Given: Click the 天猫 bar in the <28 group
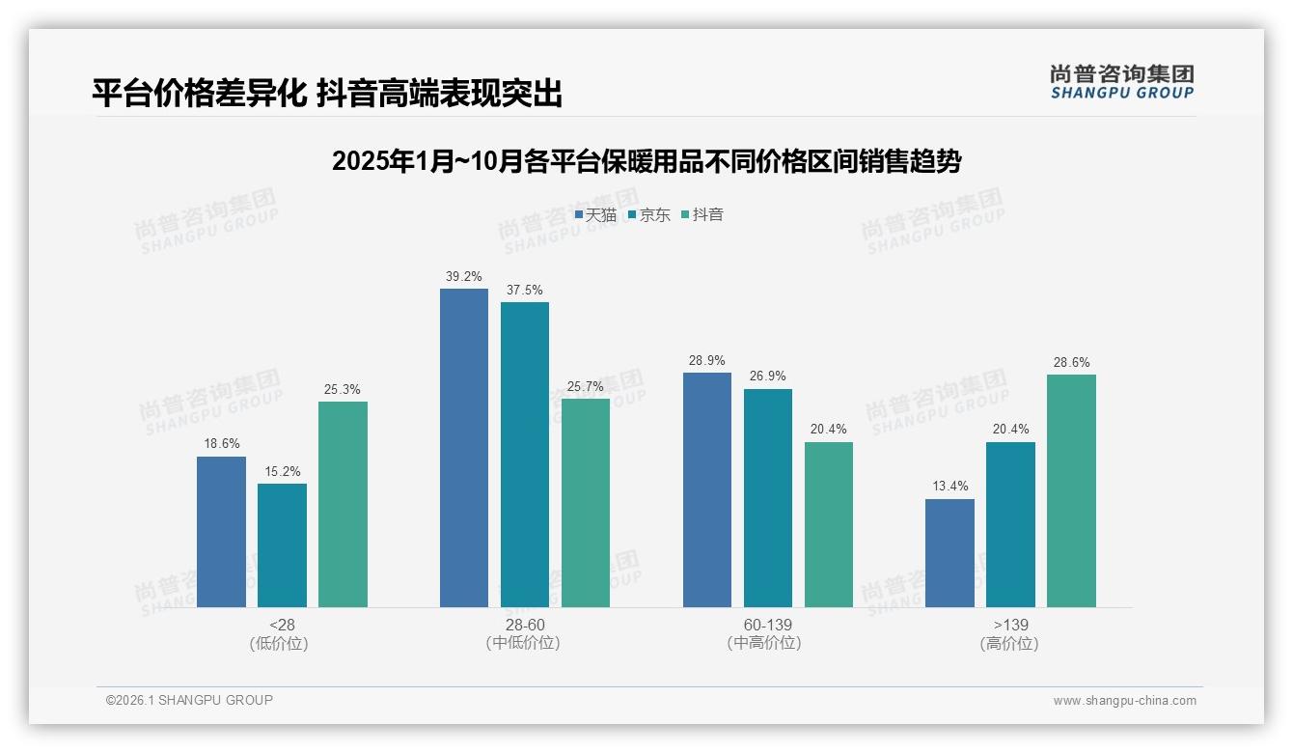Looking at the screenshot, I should (221, 532).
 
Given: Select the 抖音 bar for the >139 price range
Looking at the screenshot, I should (1071, 490).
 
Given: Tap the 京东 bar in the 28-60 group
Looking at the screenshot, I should (525, 455).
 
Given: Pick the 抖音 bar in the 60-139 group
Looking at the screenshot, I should (829, 524).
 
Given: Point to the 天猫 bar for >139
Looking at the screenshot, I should (949, 553).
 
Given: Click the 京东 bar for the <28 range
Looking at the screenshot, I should (282, 545).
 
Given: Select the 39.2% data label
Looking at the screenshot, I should (463, 276).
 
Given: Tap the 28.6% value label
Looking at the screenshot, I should (1071, 362).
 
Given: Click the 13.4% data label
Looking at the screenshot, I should (949, 486).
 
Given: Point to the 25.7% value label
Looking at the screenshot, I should (586, 386).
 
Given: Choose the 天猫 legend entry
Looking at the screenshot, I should (595, 214).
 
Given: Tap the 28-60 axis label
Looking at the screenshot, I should (524, 625).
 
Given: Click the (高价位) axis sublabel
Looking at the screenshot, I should (1009, 643).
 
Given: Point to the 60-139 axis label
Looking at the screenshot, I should (767, 625).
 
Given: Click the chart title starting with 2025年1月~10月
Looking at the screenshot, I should (646, 161).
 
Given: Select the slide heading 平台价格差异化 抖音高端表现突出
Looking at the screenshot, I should (327, 94).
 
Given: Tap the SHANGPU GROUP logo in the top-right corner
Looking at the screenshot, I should (1121, 82).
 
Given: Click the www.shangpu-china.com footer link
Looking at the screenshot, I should (1124, 700).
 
